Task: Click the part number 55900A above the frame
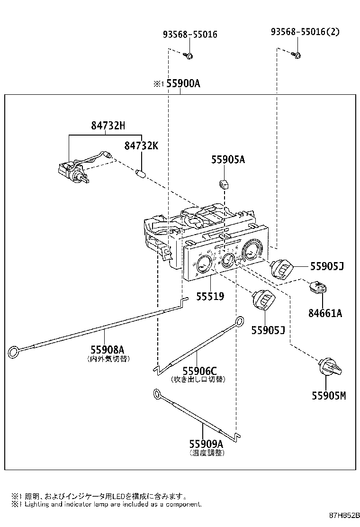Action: click(x=183, y=84)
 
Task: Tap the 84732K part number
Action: click(x=141, y=145)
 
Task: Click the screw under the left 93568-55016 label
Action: click(x=188, y=55)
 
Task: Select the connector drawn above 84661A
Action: click(x=317, y=287)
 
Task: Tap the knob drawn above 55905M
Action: click(x=330, y=369)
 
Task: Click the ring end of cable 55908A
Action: click(x=15, y=352)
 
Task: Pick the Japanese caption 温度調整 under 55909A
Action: click(x=207, y=453)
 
